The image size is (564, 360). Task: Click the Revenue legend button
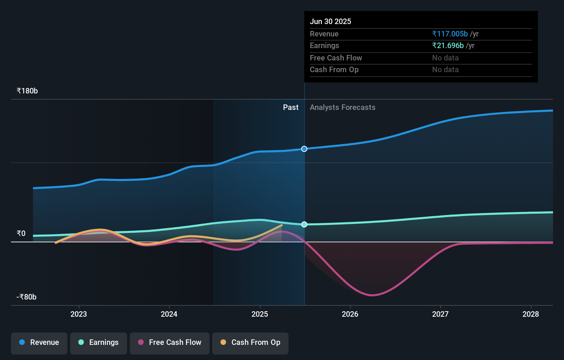click(x=39, y=342)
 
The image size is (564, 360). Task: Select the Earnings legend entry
click(x=99, y=342)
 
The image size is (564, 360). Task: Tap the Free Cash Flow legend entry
click(x=170, y=342)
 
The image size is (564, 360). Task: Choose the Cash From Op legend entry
click(x=250, y=342)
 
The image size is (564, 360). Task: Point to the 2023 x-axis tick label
click(x=79, y=314)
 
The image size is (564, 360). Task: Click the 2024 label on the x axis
click(x=169, y=314)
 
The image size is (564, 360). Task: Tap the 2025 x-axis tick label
click(x=260, y=314)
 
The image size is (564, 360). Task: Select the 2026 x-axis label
click(x=350, y=314)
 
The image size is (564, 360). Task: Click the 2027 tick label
click(x=440, y=314)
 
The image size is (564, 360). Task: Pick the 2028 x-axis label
click(x=531, y=314)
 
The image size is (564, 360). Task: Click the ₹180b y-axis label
click(x=27, y=91)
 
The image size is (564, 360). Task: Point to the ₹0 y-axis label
click(x=21, y=234)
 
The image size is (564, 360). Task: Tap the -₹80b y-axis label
click(x=26, y=297)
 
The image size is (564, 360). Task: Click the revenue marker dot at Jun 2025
click(x=304, y=149)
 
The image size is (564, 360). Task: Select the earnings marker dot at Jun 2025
click(x=304, y=224)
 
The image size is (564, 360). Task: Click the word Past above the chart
click(x=291, y=108)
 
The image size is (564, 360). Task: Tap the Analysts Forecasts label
click(x=342, y=108)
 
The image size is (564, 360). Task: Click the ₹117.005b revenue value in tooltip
click(x=450, y=34)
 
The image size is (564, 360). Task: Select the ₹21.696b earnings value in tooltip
click(x=448, y=46)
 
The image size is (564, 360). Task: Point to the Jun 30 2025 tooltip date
click(x=330, y=21)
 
